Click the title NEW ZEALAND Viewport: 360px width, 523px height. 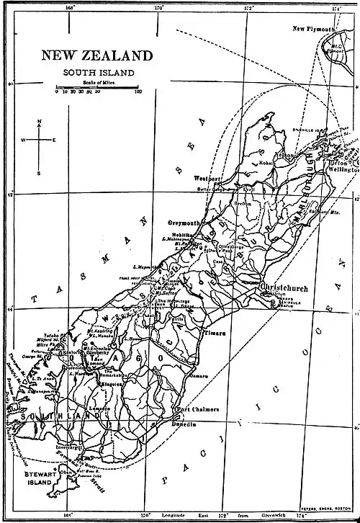click(96, 55)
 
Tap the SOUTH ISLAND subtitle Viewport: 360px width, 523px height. click(97, 72)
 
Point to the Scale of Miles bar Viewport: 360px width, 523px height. click(97, 87)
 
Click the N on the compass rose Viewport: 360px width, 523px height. click(40, 121)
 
